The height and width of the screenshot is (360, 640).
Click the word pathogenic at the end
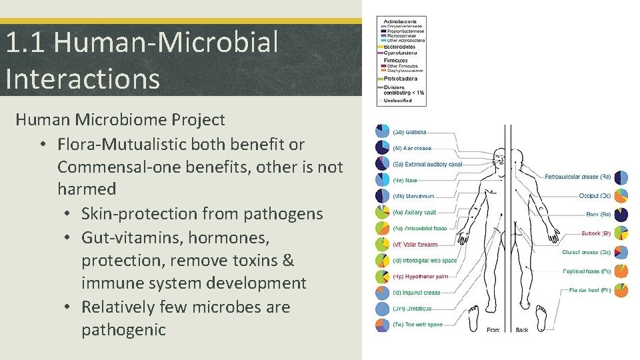pyautogui.click(x=123, y=329)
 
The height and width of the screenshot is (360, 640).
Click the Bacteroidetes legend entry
pyautogui.click(x=400, y=47)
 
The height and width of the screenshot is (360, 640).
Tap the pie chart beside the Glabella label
pyautogui.click(x=382, y=131)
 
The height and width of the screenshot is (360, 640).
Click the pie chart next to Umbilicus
pyautogui.click(x=382, y=309)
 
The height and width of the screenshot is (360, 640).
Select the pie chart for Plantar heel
pyautogui.click(x=621, y=290)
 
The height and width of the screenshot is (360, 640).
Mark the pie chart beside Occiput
pyautogui.click(x=621, y=196)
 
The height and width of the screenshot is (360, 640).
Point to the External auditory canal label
pyautogui.click(x=427, y=164)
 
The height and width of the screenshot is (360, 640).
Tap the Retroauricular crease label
pyautogui.click(x=577, y=177)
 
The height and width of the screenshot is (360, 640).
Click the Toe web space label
pyautogui.click(x=418, y=325)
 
